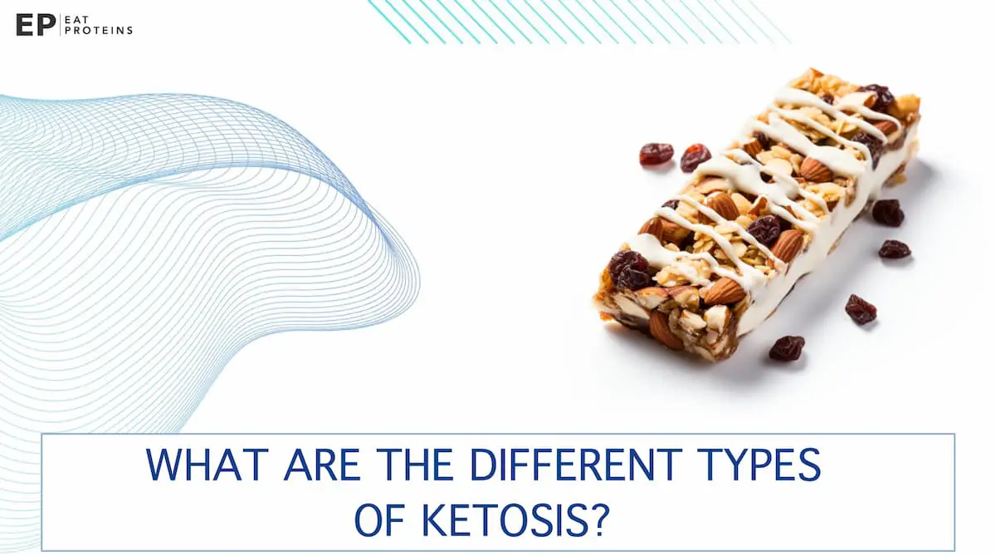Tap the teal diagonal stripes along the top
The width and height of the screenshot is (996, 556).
tap(573, 21)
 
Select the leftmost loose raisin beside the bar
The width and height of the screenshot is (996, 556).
tap(656, 154)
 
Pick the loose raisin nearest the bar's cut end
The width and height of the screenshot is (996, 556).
tap(786, 347)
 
